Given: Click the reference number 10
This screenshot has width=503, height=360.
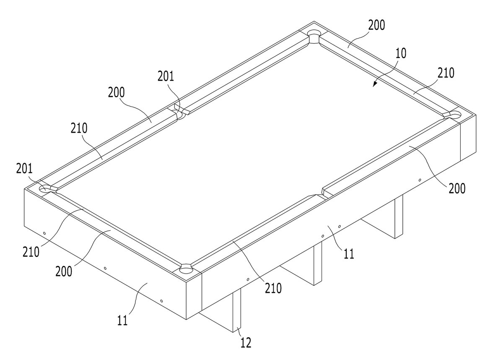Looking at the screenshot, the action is tap(400, 53).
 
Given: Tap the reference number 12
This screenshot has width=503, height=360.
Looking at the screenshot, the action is tap(246, 343).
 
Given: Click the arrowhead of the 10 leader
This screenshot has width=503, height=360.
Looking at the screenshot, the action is tap(375, 84).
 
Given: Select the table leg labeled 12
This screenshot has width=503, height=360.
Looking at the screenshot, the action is tap(236, 310).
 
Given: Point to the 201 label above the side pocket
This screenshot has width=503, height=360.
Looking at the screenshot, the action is tap(166, 76).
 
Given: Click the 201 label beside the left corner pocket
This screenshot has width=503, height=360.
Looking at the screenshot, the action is tap(24, 169).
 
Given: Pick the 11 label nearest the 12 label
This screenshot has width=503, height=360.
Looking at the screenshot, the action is tap(122, 320).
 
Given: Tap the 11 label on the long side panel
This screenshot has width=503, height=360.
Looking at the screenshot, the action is tap(349, 254).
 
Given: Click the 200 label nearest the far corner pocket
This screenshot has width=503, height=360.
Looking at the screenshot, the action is tap(376, 25).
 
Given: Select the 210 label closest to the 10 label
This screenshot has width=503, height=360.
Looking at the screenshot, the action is tap(446, 73).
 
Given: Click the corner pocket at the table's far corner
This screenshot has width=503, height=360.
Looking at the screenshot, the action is tap(314, 37).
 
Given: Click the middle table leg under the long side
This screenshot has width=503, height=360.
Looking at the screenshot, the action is tap(318, 263).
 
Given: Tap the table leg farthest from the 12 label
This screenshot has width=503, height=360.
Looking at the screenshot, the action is tap(399, 217).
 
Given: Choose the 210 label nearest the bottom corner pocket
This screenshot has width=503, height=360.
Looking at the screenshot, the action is tap(273, 288).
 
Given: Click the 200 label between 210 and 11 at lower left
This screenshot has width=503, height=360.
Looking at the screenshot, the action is tap(64, 271).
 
